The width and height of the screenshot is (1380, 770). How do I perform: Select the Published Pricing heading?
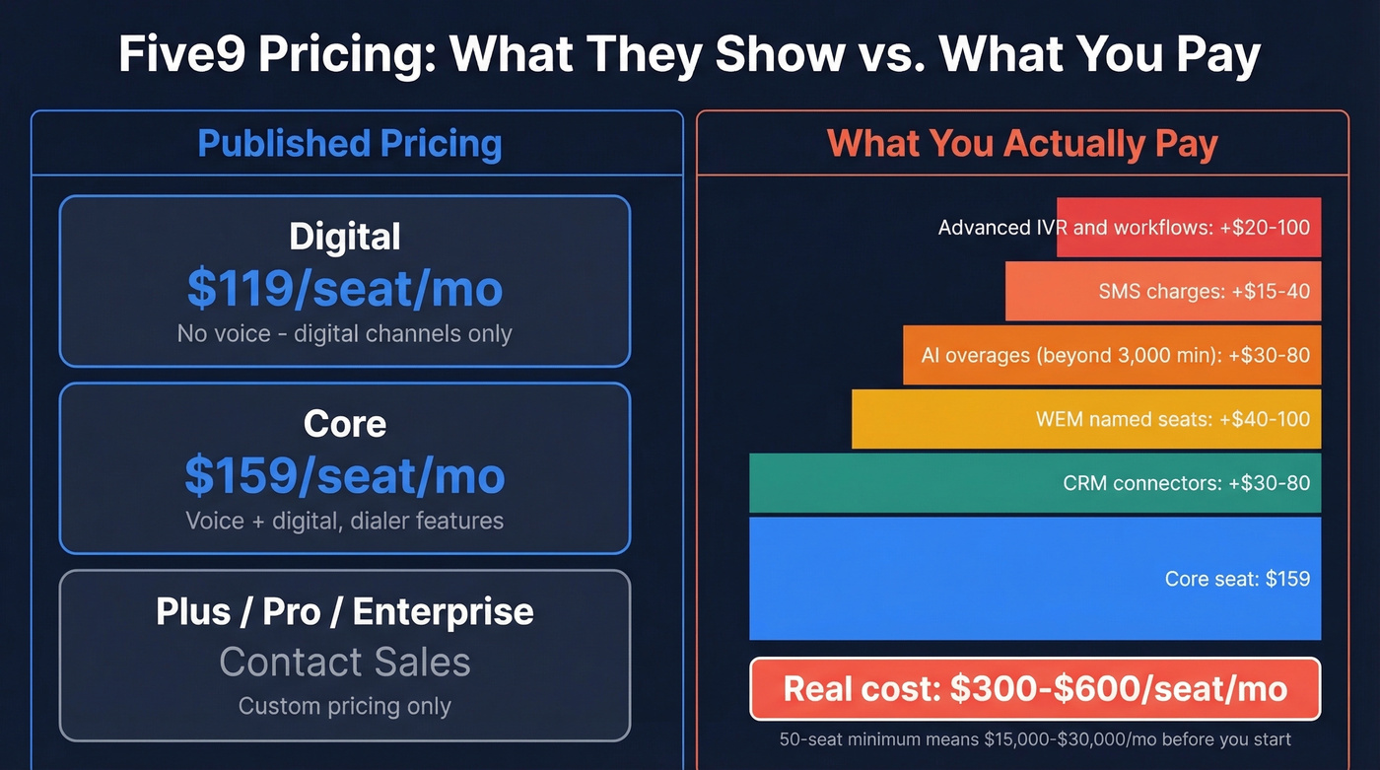pos(350,144)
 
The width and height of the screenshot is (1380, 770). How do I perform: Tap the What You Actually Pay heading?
pos(1022,144)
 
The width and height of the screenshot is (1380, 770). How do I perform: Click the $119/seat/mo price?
pos(345,289)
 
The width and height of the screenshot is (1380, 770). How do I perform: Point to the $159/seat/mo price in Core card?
pos(345,476)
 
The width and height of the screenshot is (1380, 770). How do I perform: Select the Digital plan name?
pos(345,238)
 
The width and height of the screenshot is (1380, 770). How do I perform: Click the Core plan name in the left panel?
pos(345,424)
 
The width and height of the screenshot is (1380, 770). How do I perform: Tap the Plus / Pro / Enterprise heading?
pos(345,612)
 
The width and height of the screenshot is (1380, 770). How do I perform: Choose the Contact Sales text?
pos(345,662)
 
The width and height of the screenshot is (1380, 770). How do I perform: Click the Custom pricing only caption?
pos(345,707)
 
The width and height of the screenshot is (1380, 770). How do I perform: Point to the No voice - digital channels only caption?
pos(345,334)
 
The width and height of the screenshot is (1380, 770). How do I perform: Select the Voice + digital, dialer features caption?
pos(345,521)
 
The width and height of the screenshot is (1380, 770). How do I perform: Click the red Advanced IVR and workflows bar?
pos(1188,228)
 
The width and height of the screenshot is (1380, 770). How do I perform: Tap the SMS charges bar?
pos(1163,292)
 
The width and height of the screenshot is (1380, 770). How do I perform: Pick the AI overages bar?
pos(1112,355)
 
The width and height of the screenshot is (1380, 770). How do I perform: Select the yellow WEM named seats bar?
pos(1086,419)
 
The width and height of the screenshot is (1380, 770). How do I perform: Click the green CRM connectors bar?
pos(1035,483)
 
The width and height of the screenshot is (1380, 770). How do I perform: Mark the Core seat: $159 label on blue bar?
pos(1237,579)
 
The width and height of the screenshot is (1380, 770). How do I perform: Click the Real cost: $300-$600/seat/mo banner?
pos(1035,688)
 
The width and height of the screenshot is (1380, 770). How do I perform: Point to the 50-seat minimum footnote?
pos(1035,739)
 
